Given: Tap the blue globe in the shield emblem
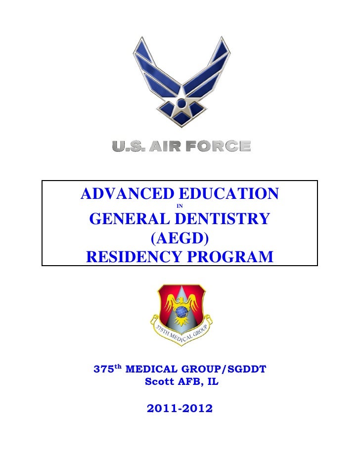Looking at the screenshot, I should (x=181, y=312).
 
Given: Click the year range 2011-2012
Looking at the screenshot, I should (x=180, y=409).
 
